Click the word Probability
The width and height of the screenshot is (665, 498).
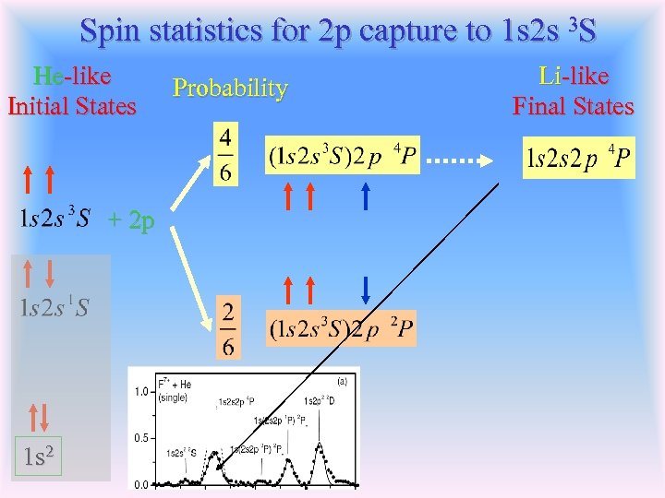click(x=230, y=89)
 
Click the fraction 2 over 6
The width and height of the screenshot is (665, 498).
click(x=227, y=327)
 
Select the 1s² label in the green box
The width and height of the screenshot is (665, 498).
click(x=37, y=456)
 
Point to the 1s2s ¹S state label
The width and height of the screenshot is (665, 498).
click(x=54, y=307)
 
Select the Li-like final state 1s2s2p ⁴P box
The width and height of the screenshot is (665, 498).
click(x=578, y=159)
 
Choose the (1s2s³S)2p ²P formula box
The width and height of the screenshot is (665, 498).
click(x=341, y=327)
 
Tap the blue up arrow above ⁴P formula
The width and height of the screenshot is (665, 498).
click(x=366, y=196)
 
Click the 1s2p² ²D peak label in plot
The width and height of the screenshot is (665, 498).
click(x=323, y=401)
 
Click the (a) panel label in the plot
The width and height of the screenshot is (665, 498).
click(x=342, y=378)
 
